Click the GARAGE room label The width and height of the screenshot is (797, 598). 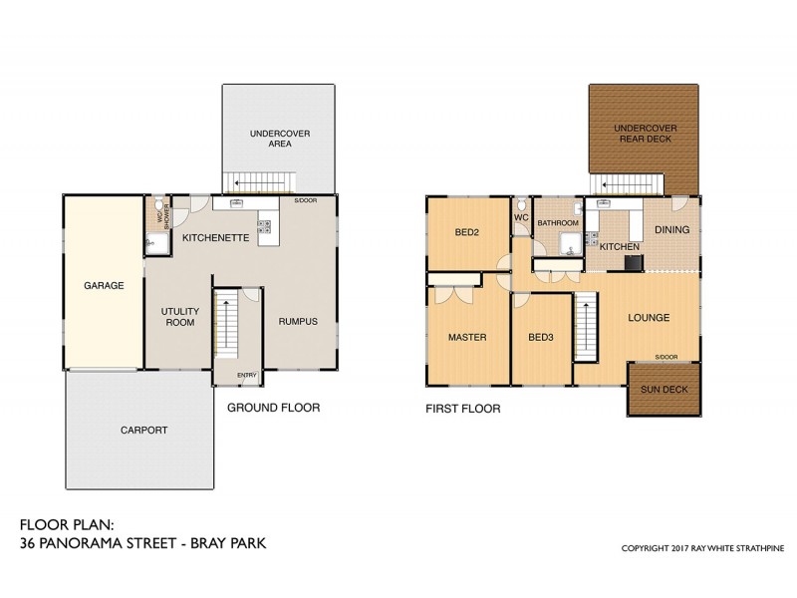pos(104,286)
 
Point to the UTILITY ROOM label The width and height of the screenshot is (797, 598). pos(180,317)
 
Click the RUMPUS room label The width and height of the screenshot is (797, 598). pos(297,321)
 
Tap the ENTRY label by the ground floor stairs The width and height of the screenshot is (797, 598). pos(246,375)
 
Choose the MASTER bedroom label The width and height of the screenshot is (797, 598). pos(466,337)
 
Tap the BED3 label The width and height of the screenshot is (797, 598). pos(540,337)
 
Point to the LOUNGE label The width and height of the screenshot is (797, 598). pos(649,318)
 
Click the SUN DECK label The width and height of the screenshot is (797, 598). pos(662,390)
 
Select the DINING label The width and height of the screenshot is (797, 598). pos(671,230)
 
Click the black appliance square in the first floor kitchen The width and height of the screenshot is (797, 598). pos(633,262)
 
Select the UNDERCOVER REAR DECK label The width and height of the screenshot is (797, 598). pos(645,134)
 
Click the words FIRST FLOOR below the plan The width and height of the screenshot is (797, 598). pos(462,409)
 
